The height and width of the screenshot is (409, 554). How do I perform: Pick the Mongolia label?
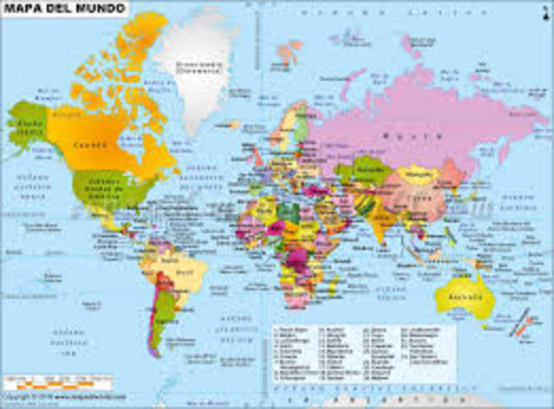click(422, 174)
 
